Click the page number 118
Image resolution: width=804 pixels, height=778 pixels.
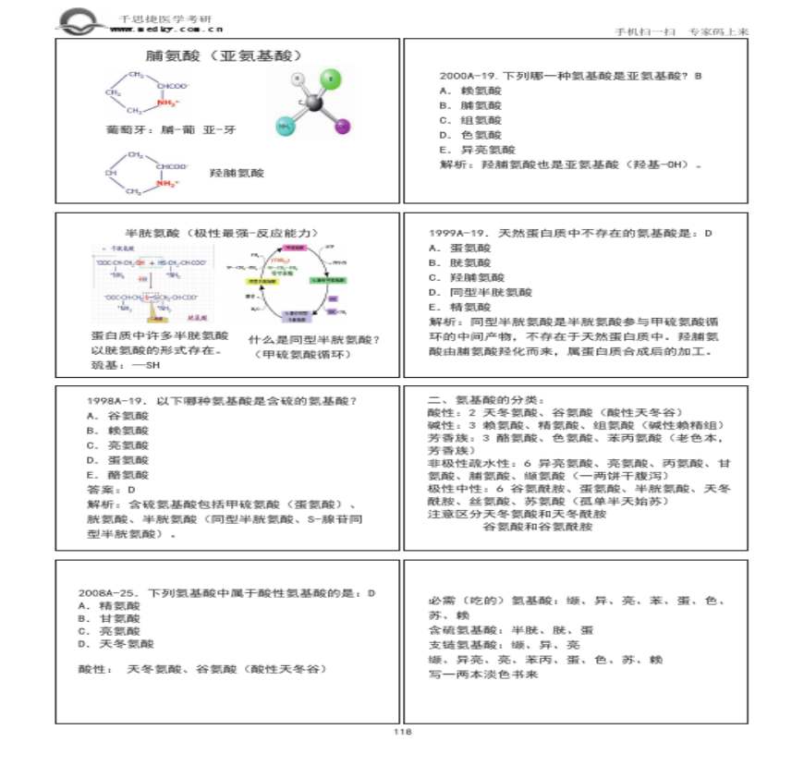tap(402, 731)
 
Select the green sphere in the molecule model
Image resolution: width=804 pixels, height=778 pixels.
tap(332, 79)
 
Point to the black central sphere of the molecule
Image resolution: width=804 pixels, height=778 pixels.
tap(316, 104)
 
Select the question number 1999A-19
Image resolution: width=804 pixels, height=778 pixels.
tap(460, 233)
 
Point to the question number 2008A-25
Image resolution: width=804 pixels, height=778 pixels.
tap(109, 592)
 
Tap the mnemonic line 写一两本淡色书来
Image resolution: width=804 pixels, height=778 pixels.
tap(483, 675)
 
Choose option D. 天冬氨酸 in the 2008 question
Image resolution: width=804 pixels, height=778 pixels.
tap(116, 644)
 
